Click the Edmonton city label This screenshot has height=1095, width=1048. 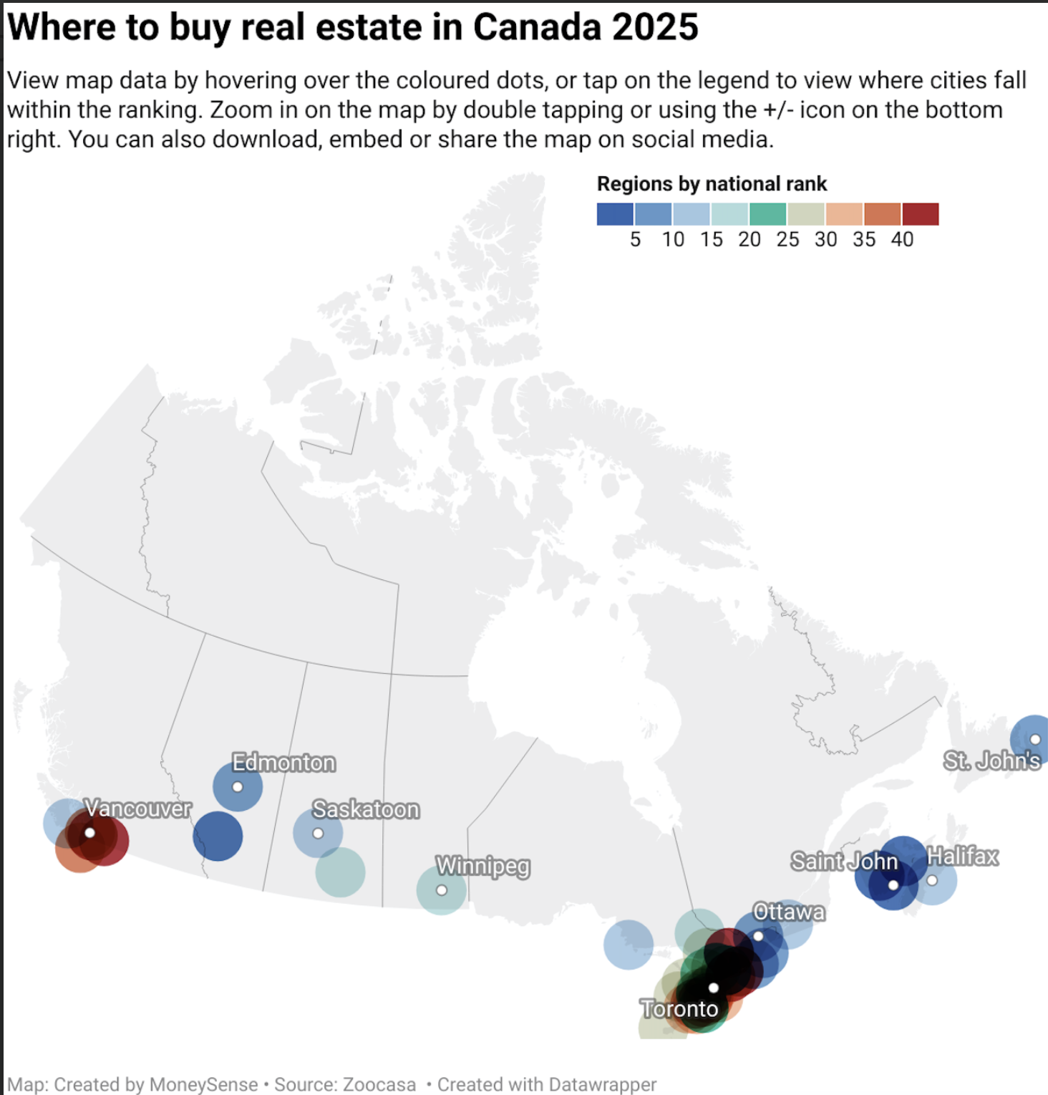[x=283, y=763]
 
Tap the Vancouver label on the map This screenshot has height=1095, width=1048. [x=138, y=809]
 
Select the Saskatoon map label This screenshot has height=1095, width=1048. [x=366, y=809]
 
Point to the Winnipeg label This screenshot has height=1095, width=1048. [x=483, y=866]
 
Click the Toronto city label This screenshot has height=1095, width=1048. [x=679, y=1008]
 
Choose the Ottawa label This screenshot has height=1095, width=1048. [x=789, y=912]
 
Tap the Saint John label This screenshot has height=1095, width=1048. [x=844, y=861]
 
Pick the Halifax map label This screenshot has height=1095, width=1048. [x=962, y=856]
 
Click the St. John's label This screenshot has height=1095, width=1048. [x=991, y=761]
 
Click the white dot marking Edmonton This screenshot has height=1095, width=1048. [x=238, y=787]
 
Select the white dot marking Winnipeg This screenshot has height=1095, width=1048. [x=442, y=890]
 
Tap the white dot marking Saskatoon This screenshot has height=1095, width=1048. [x=318, y=834]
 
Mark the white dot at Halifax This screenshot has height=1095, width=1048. [x=932, y=880]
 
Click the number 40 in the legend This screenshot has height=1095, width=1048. [x=902, y=239]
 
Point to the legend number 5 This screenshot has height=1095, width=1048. [x=635, y=239]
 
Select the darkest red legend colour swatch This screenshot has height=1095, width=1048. [x=920, y=214]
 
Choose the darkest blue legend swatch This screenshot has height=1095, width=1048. [x=615, y=214]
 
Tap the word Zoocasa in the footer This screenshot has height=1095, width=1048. [x=379, y=1084]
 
